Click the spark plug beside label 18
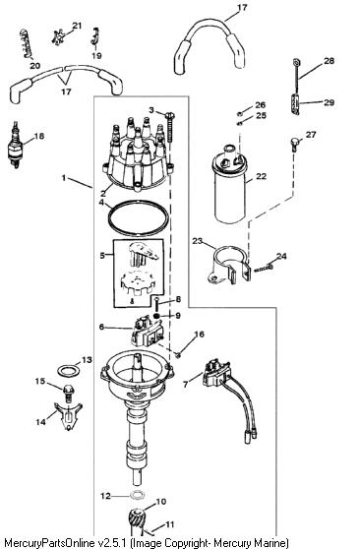15,145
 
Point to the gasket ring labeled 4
138,218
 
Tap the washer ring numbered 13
68,371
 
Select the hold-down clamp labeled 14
69,416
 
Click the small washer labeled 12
137,496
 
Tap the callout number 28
329,61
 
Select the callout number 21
77,26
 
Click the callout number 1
64,178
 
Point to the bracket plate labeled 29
295,104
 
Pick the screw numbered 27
295,144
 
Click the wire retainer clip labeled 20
26,44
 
